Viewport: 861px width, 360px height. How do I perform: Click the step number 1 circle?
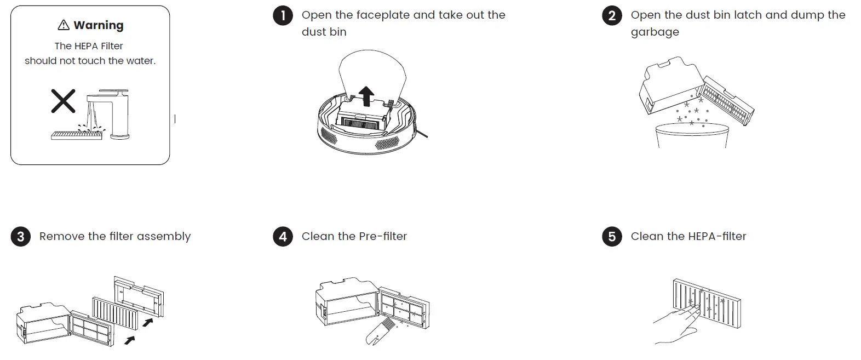(283, 15)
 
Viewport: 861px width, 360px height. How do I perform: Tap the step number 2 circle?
(612, 15)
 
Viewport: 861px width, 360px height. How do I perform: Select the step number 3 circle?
(20, 237)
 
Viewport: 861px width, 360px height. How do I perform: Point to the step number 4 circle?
(283, 237)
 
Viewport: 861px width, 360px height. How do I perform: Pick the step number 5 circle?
(612, 237)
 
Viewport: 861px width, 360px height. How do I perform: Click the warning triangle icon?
(64, 25)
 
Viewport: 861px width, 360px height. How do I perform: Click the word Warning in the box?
(99, 25)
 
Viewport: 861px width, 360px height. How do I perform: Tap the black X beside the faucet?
(63, 101)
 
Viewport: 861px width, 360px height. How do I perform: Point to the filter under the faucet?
(77, 135)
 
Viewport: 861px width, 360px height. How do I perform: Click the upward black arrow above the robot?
(366, 96)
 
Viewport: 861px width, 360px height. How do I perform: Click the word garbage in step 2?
(655, 32)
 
